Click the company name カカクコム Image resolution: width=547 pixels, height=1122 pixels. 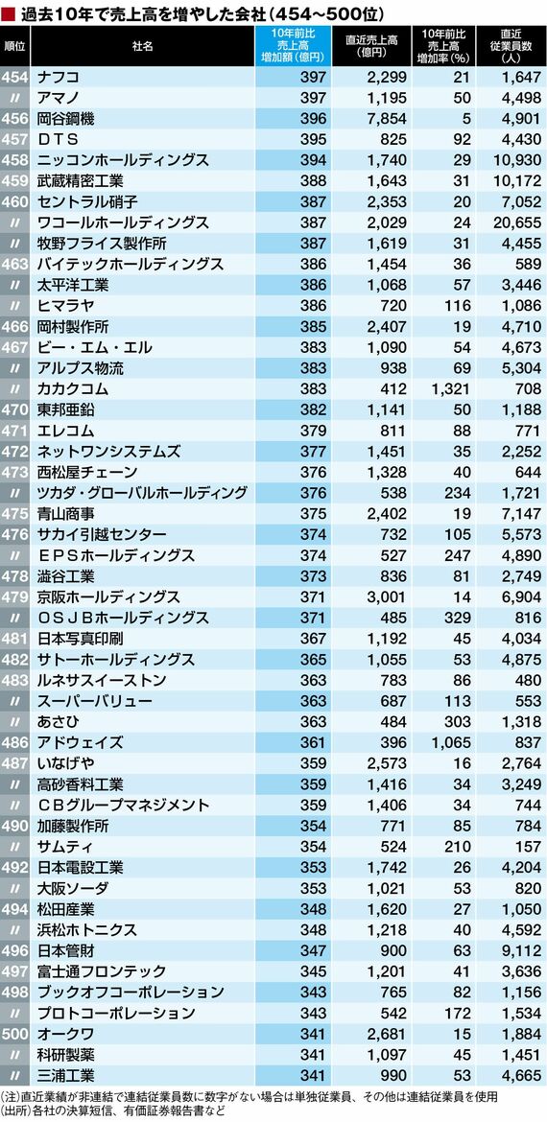point(72,389)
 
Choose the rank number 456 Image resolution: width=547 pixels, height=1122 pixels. point(15,120)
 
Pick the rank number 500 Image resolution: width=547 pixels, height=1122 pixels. point(15,1033)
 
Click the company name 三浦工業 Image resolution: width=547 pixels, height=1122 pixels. point(65,1074)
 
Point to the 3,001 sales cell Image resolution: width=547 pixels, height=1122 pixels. point(388,596)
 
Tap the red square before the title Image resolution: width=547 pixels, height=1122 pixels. point(9,12)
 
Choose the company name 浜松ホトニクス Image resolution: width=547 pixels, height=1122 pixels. point(86,929)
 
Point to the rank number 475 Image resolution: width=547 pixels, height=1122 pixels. point(15,514)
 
